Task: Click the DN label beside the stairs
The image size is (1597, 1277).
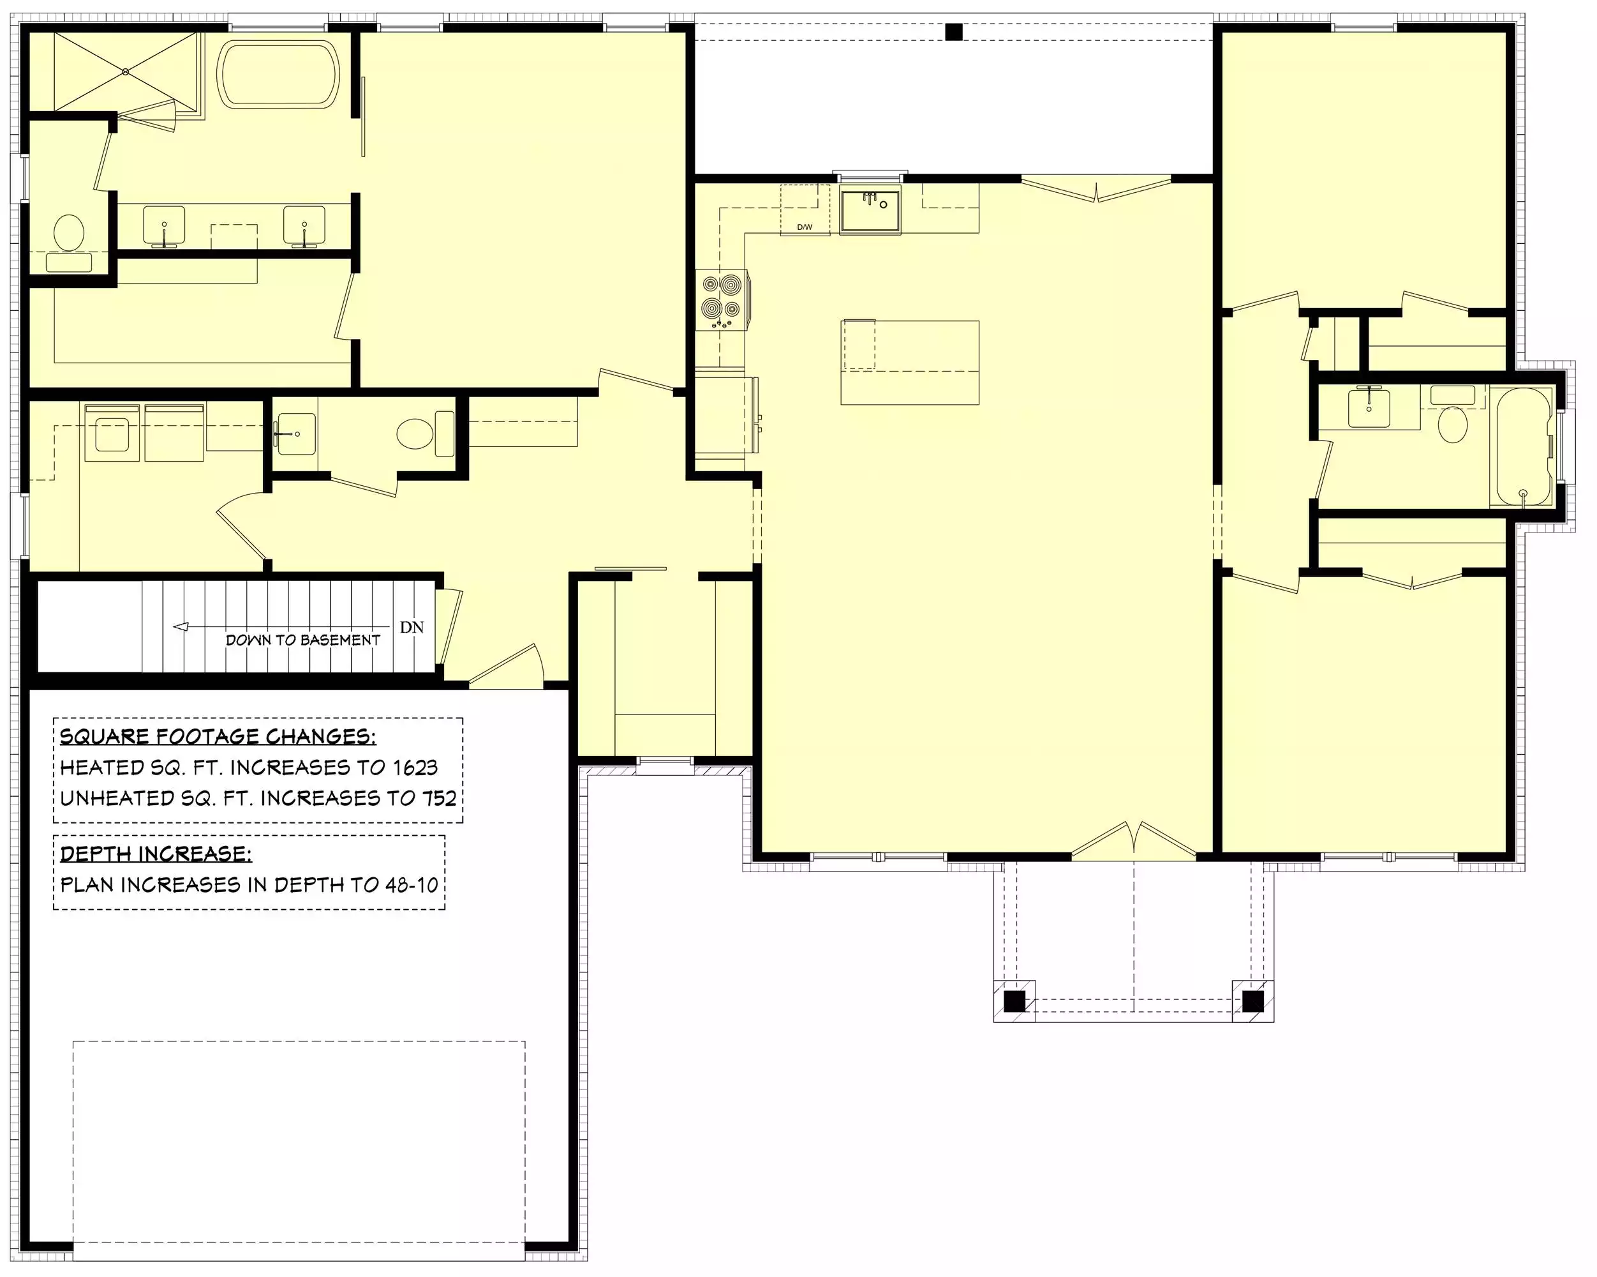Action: point(412,627)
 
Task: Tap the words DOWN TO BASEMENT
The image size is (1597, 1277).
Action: point(303,640)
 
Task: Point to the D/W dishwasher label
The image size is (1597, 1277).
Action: point(805,227)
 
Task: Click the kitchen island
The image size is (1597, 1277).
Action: point(910,363)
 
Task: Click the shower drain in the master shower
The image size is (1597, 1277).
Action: point(126,72)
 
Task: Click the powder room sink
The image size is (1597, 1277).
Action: point(296,434)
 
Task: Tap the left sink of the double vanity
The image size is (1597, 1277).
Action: point(164,225)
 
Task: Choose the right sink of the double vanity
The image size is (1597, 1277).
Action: point(304,225)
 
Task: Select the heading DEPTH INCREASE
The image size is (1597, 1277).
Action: point(156,854)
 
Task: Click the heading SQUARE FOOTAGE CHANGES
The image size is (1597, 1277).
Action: point(218,736)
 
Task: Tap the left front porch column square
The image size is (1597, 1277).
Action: point(1014,1001)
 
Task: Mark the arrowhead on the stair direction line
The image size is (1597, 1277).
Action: point(180,627)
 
